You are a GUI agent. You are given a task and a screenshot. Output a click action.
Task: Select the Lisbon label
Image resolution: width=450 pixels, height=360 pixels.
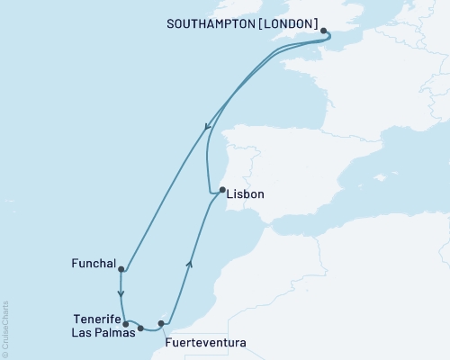pyautogui.click(x=246, y=193)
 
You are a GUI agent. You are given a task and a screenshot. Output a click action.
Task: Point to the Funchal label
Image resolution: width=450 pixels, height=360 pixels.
pyautogui.click(x=93, y=265)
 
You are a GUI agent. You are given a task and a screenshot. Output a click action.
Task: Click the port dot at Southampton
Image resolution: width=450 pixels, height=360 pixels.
pyautogui.click(x=324, y=31)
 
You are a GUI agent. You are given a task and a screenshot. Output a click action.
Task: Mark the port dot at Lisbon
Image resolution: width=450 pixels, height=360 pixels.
pyautogui.click(x=221, y=190)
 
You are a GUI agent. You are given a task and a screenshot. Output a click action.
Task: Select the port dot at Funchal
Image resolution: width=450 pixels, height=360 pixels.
pyautogui.click(x=121, y=268)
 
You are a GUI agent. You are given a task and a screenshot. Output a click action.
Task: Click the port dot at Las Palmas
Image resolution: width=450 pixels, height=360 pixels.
pyautogui.click(x=140, y=328)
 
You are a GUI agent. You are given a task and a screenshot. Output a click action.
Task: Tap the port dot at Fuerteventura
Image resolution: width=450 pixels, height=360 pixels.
pyautogui.click(x=161, y=323)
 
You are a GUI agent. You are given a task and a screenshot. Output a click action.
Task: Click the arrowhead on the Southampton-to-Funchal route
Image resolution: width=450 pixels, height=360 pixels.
pyautogui.click(x=208, y=127)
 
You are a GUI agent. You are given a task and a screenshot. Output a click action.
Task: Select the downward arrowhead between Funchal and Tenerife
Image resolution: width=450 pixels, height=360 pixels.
pyautogui.click(x=121, y=293)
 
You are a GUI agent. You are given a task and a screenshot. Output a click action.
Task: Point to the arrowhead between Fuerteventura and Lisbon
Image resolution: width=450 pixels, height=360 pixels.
pyautogui.click(x=189, y=262)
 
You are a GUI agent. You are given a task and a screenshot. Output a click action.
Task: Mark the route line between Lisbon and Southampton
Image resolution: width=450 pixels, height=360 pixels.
pyautogui.click(x=210, y=144)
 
